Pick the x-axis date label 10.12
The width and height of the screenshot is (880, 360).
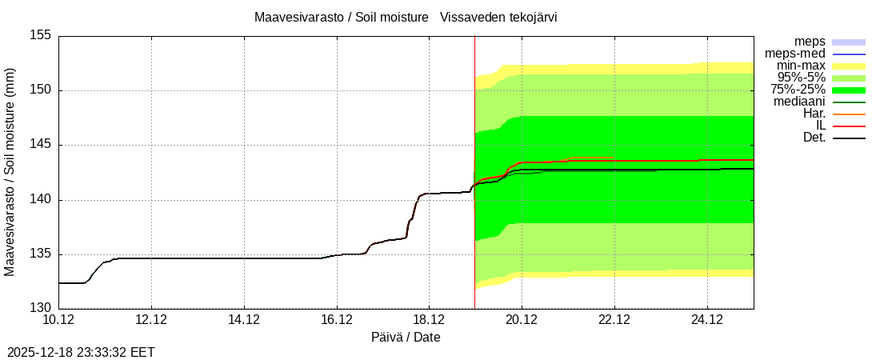(58, 319)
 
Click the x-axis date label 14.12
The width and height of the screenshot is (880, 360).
(244, 319)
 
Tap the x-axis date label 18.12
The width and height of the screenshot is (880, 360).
(429, 319)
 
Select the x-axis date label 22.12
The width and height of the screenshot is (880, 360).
(614, 319)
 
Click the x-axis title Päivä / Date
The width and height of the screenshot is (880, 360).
(406, 337)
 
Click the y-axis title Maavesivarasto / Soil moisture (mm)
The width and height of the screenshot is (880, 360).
(10, 172)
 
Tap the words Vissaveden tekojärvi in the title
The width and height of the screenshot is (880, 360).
(500, 17)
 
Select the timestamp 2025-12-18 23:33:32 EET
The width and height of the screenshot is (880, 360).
(81, 352)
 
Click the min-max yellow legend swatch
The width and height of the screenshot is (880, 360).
(849, 66)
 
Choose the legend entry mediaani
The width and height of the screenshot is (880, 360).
(799, 102)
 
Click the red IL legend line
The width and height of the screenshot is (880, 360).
(849, 126)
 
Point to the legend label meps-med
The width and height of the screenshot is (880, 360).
(795, 54)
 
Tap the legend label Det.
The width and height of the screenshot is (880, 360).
(814, 138)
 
